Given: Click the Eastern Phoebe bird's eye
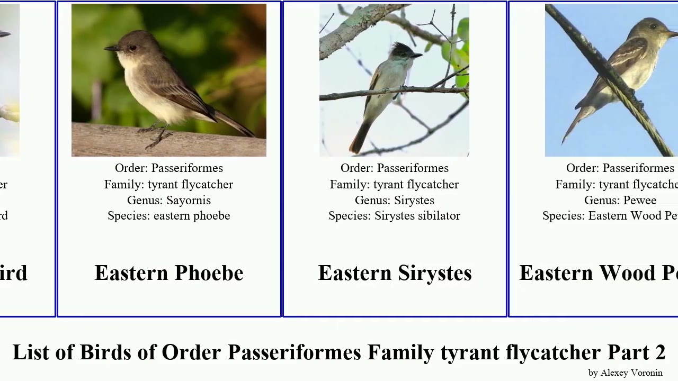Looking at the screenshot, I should (x=132, y=48).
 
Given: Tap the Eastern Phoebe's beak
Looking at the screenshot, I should (x=110, y=49).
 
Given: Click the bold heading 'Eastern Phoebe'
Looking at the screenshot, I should (x=168, y=273).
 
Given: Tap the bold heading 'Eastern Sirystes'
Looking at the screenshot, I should (x=395, y=273).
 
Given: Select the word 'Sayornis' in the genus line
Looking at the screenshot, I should (x=189, y=201).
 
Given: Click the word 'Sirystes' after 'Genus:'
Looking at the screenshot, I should (x=414, y=201).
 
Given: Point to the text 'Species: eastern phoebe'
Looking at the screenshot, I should (x=168, y=216).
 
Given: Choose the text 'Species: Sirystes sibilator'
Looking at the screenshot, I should (x=394, y=216).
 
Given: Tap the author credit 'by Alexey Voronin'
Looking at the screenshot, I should (x=625, y=373).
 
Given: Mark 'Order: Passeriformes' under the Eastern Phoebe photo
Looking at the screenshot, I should (x=168, y=168).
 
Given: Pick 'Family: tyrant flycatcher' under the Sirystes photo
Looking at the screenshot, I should (x=394, y=185).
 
